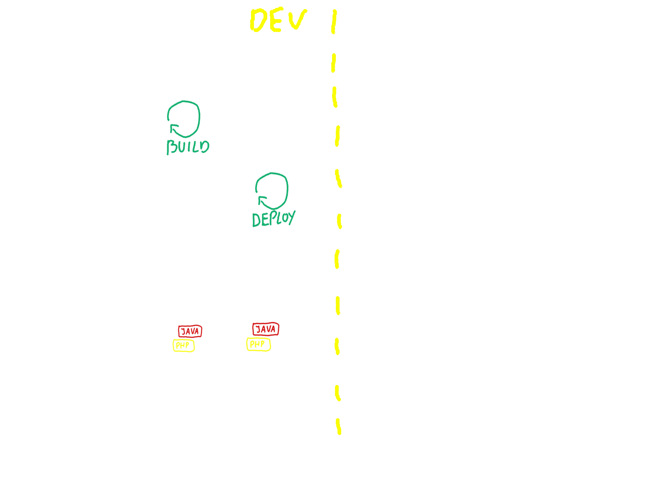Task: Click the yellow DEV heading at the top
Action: (278, 20)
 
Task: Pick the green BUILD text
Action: (188, 147)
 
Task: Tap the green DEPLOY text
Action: (273, 218)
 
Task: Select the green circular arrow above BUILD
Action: (184, 119)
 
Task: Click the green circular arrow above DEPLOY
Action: (272, 191)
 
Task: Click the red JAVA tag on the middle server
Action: (190, 331)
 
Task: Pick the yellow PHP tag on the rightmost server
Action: (258, 344)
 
